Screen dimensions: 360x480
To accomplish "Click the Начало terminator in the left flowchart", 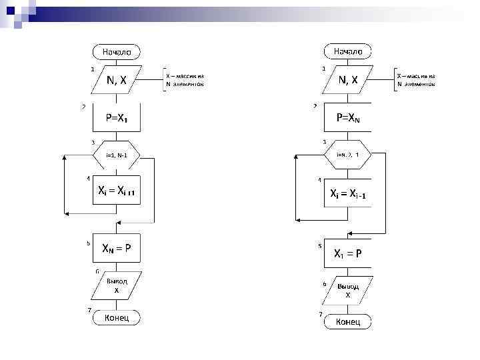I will (x=116, y=51).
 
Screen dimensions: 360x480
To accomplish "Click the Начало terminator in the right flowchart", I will (x=348, y=51).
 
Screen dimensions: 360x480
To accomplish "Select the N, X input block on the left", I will (x=116, y=81).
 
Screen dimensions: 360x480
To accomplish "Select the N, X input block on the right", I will (x=348, y=81).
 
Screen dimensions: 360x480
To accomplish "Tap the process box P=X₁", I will (x=116, y=119).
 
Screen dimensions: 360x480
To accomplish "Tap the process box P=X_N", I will (x=348, y=119).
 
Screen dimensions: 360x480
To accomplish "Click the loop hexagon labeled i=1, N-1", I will (x=116, y=155).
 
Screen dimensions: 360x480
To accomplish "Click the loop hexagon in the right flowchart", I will (x=348, y=155).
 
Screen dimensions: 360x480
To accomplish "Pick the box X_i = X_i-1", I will (x=348, y=194).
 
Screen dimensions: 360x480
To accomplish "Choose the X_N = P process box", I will (x=116, y=249).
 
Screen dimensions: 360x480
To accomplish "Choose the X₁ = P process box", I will (x=348, y=253).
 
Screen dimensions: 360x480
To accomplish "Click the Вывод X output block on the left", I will (x=116, y=285).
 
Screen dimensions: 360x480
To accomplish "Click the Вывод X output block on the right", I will (x=348, y=290).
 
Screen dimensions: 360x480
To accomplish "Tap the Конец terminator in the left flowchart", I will (x=116, y=318).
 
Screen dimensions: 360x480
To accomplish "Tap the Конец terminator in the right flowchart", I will (x=348, y=322).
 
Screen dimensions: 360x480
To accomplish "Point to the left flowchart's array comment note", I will (x=185, y=81).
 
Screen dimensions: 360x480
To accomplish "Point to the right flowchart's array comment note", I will (x=416, y=81).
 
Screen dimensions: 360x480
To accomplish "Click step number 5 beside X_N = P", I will (x=88, y=243).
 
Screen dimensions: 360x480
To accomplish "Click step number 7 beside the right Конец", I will (x=321, y=314).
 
